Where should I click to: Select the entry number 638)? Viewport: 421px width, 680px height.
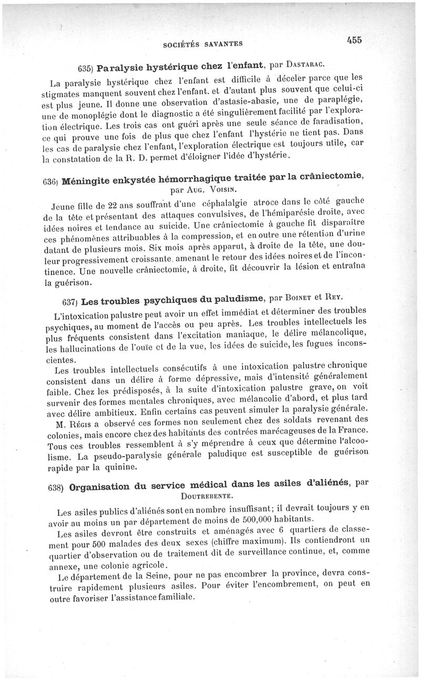click(x=56, y=488)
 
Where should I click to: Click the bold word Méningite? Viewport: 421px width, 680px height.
click(x=88, y=181)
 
